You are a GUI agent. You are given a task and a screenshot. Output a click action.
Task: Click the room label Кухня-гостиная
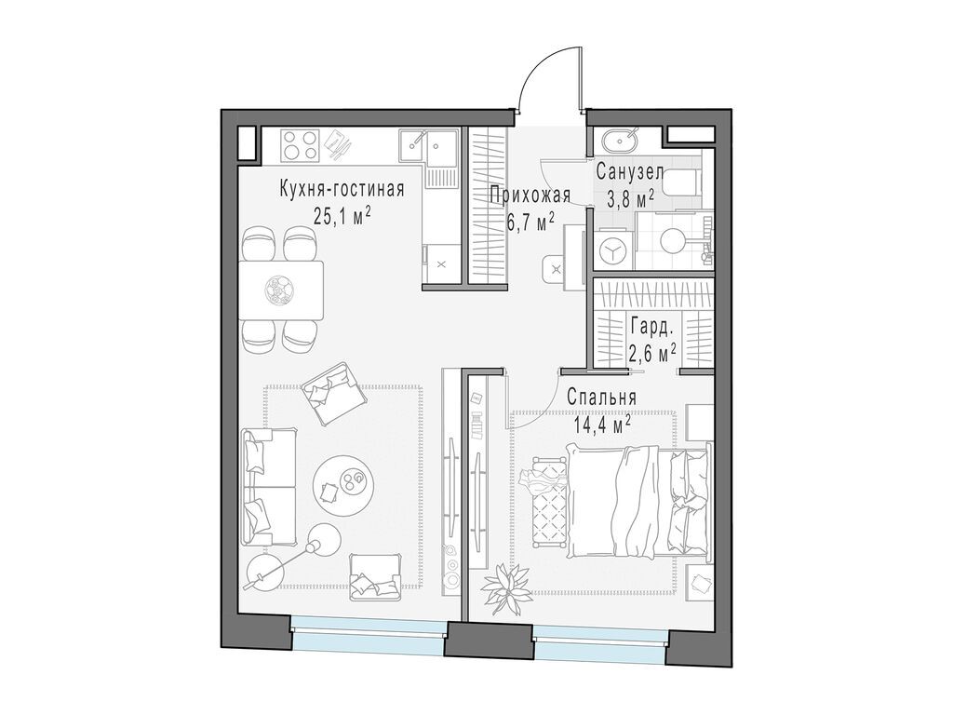[x=342, y=190]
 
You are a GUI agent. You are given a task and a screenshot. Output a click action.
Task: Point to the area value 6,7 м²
[x=530, y=221]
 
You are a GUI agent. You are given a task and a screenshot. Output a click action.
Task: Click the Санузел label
[x=630, y=172]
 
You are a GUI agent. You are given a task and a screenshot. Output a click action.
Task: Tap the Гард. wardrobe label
[x=651, y=327]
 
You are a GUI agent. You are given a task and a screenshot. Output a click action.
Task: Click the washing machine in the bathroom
[x=614, y=250]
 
